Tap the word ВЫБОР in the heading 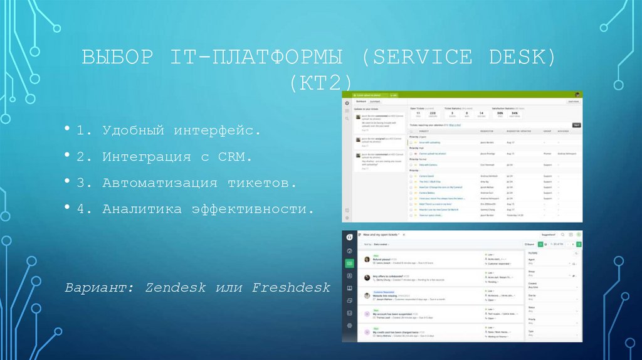pyautogui.click(x=117, y=58)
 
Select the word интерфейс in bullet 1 pyautogui.click(x=214, y=131)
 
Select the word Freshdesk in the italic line pyautogui.click(x=291, y=288)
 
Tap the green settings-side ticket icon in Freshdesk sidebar pyautogui.click(x=349, y=263)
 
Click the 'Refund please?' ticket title pyautogui.click(x=386, y=259)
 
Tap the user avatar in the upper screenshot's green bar pyautogui.click(x=577, y=94)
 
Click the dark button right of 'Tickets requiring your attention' pyautogui.click(x=576, y=125)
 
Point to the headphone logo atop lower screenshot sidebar pyautogui.click(x=349, y=236)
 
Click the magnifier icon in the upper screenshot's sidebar pyautogui.click(x=347, y=110)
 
